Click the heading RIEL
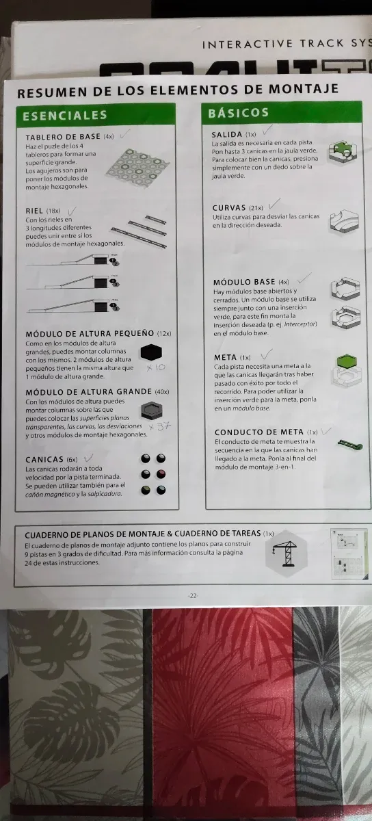35,211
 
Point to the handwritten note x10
156,367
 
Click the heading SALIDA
227,134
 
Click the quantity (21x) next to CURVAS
256,208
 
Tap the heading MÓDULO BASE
244,282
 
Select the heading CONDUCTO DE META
259,432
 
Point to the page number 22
192,596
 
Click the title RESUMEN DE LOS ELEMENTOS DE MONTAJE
177,91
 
